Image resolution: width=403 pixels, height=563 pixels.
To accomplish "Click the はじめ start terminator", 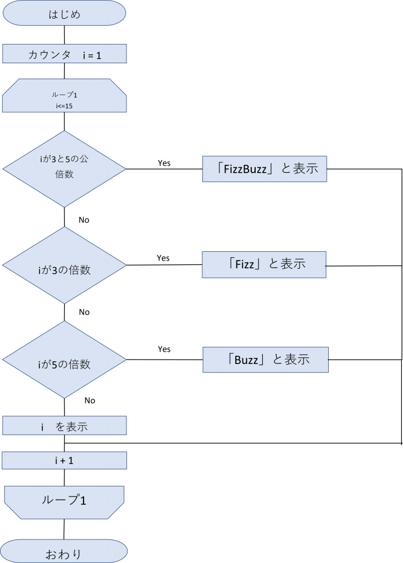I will [x=64, y=14].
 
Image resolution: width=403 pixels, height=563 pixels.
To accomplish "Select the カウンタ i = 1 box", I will [x=64, y=54].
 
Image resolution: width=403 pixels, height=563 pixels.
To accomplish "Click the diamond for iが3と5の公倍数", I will [x=64, y=169].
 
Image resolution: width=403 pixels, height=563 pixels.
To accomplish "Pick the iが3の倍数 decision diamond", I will [x=64, y=266].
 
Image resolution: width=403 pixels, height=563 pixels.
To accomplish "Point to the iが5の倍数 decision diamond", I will [x=64, y=360].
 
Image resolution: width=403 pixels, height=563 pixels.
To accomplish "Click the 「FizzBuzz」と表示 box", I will [x=264, y=169].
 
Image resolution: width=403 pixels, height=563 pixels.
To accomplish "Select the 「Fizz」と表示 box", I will [x=264, y=264].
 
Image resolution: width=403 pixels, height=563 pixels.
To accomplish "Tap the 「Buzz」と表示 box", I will [x=265, y=360].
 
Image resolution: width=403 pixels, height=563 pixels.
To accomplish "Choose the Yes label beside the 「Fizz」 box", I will [x=163, y=256].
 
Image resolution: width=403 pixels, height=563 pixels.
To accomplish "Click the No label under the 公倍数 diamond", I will [x=84, y=218].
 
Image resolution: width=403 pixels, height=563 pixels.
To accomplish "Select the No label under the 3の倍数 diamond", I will [x=84, y=311].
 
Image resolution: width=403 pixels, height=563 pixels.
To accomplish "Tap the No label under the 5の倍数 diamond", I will [x=90, y=399].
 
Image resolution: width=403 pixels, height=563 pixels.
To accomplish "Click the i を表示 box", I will [x=64, y=426].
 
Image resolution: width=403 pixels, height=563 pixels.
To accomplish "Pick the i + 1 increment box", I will [x=64, y=461].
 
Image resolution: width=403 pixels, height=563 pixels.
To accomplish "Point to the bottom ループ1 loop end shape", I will [x=64, y=501].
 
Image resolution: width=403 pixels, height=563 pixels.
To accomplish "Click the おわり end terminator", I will [x=64, y=551].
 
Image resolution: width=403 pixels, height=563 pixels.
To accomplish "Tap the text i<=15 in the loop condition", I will [x=64, y=106].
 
